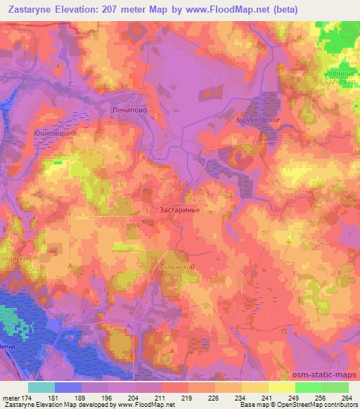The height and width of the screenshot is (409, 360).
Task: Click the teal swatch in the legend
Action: pyautogui.click(x=41, y=387)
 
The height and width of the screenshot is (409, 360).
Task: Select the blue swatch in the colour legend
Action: pyautogui.click(x=68, y=387)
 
